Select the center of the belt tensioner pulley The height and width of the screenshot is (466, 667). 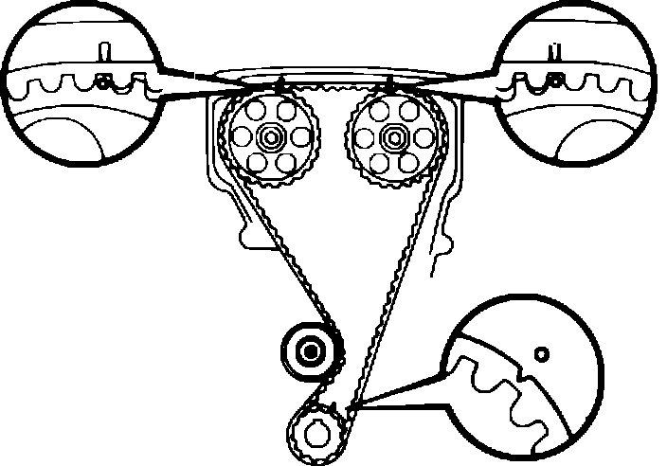[x=309, y=352]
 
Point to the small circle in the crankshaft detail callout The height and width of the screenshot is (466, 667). [x=541, y=353]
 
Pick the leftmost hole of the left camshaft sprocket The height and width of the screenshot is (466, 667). [x=241, y=139]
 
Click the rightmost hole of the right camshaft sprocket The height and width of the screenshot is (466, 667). [x=417, y=139]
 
